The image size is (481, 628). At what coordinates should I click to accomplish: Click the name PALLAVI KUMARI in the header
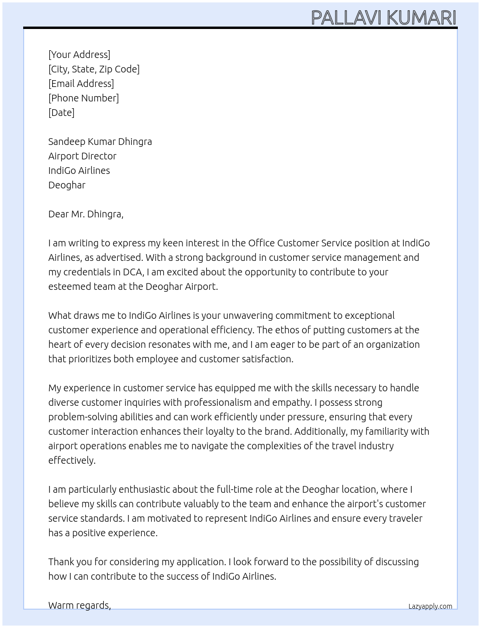coord(383,18)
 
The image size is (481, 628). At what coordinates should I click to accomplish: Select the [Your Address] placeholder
coord(79,55)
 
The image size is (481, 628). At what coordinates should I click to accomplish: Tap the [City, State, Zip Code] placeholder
coord(94,69)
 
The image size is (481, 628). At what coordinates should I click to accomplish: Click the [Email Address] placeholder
coord(81,84)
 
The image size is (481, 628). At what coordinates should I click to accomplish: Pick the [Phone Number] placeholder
coord(84,98)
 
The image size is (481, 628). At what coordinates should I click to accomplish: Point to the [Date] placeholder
coord(61,113)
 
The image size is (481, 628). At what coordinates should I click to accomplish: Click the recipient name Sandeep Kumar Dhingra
coord(100,142)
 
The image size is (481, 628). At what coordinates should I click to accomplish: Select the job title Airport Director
coord(82,156)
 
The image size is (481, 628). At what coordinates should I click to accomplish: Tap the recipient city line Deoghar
coord(67,185)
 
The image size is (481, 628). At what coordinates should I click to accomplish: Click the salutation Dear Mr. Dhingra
coord(85,214)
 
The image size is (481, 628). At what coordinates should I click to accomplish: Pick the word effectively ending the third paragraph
coord(71,460)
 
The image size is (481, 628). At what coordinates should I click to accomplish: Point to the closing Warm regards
coord(79,605)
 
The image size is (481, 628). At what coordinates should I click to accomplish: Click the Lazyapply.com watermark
coord(430,606)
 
